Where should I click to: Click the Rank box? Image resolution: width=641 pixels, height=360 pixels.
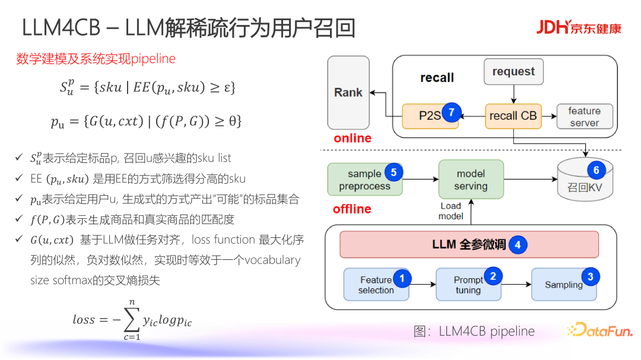coord(348,93)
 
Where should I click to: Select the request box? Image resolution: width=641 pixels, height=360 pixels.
coord(513,72)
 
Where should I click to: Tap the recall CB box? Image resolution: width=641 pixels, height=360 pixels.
coord(513,116)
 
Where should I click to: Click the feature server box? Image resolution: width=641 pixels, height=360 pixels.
coord(585,116)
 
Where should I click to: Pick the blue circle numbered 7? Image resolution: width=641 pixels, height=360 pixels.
coord(451,112)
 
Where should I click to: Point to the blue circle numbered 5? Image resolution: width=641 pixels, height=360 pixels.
coord(394,173)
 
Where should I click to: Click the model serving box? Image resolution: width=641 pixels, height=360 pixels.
coord(471,179)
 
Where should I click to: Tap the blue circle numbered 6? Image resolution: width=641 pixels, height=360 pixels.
coord(596,170)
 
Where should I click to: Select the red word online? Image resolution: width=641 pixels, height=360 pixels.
coord(353,138)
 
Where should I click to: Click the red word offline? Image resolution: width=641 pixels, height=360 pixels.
coord(352,209)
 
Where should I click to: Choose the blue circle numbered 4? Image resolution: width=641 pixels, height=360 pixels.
coord(518,245)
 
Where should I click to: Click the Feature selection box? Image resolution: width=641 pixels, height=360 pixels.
coord(376,285)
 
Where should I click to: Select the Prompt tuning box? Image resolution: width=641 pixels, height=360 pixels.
coord(468,285)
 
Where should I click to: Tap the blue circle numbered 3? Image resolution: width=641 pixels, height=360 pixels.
coord(591,276)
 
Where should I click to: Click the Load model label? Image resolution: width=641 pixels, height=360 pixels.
coord(450,211)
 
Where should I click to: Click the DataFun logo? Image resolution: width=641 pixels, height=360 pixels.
coord(600,330)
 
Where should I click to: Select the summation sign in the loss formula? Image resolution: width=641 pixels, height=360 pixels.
coord(132,320)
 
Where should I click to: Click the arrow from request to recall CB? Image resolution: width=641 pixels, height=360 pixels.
coord(513,94)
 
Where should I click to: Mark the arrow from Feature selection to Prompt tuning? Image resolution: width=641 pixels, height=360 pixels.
coord(423,285)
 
